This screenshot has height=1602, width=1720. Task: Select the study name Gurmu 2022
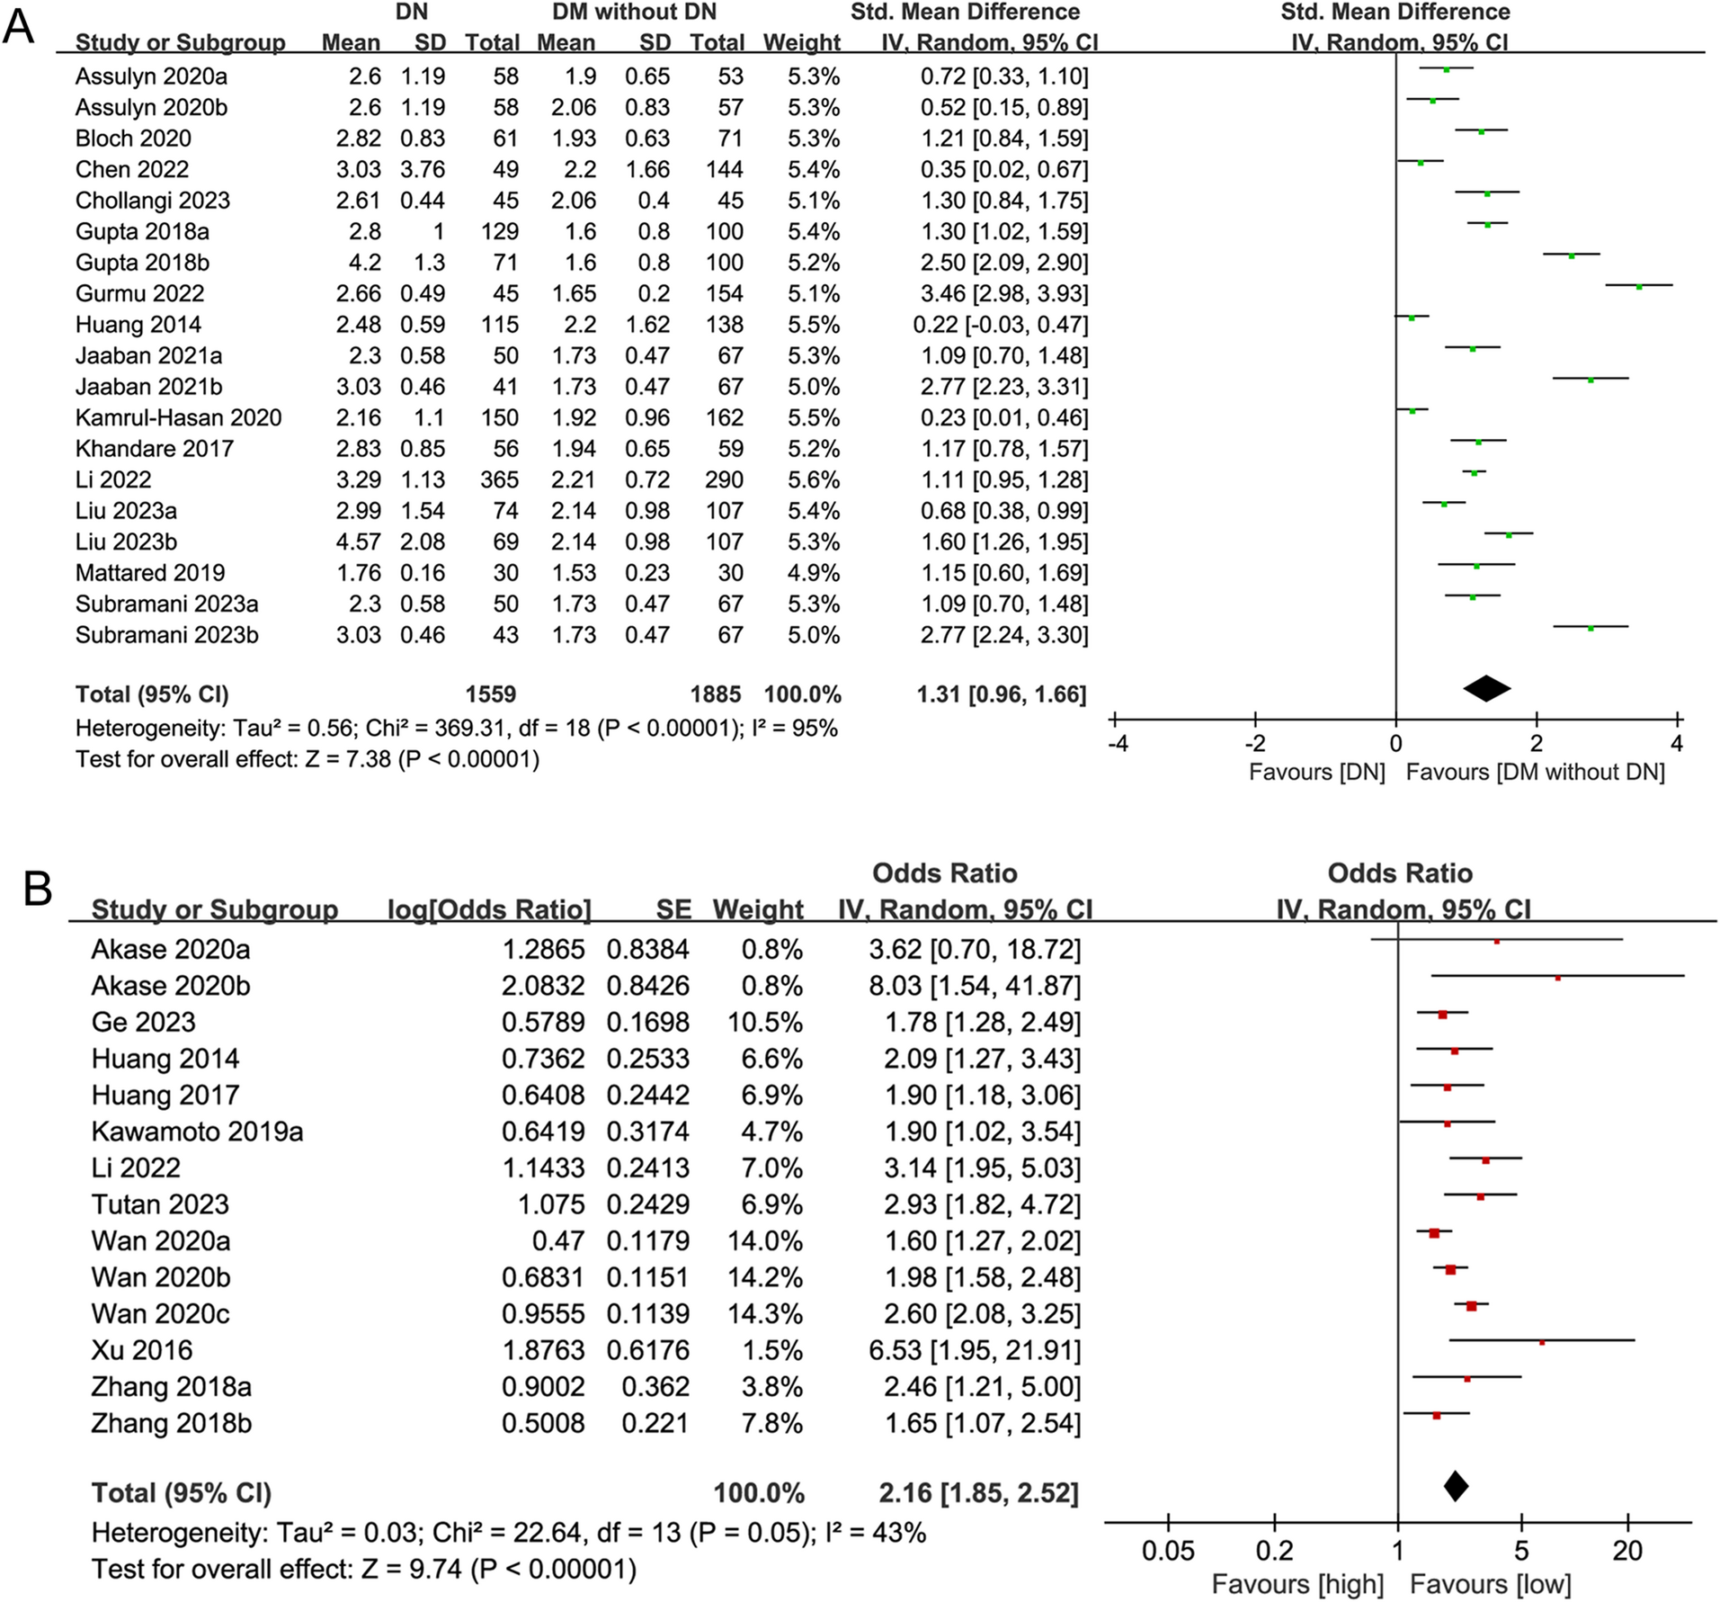pyautogui.click(x=139, y=293)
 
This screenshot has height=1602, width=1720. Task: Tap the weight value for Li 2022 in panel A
pyautogui.click(x=814, y=479)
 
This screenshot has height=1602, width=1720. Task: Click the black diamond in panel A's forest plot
pyautogui.click(x=1487, y=688)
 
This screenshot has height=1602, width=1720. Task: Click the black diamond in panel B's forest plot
pyautogui.click(x=1456, y=1485)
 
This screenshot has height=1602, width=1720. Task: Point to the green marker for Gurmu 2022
pyautogui.click(x=1639, y=286)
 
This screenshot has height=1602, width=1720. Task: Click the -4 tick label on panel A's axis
pyautogui.click(x=1118, y=744)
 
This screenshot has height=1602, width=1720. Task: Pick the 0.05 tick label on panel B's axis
pyautogui.click(x=1168, y=1550)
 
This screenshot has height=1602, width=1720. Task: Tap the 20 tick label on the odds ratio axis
pyautogui.click(x=1627, y=1550)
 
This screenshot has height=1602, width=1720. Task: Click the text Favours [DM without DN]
pyautogui.click(x=1535, y=772)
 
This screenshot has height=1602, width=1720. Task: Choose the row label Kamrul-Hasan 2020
pyautogui.click(x=178, y=417)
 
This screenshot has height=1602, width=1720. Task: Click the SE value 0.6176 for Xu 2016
pyautogui.click(x=647, y=1349)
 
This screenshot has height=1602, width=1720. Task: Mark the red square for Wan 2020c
pyautogui.click(x=1471, y=1305)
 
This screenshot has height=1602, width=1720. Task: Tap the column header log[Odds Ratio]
pyautogui.click(x=489, y=909)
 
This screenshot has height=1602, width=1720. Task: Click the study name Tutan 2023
pyautogui.click(x=160, y=1204)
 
